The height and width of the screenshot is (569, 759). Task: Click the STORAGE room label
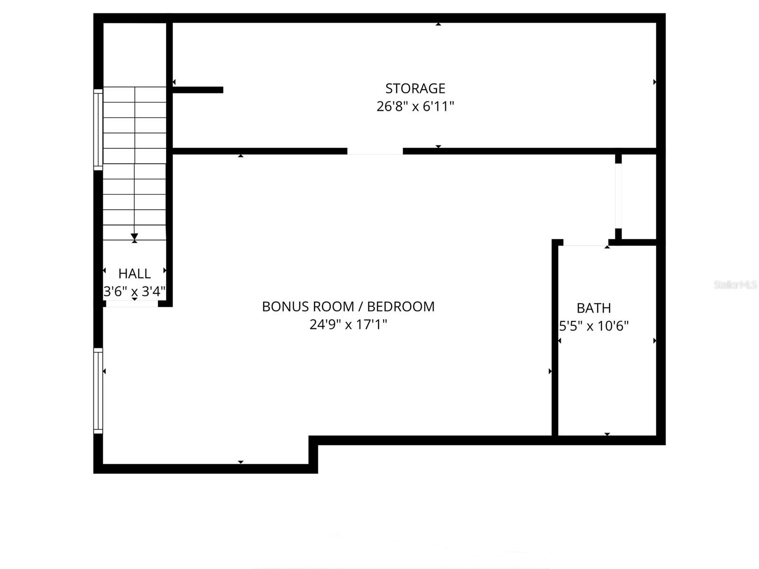pyautogui.click(x=415, y=89)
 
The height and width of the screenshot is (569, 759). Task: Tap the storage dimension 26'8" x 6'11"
pyautogui.click(x=415, y=106)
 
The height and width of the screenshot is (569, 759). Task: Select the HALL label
pyautogui.click(x=134, y=274)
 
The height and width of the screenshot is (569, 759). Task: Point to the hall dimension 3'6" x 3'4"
pyautogui.click(x=134, y=291)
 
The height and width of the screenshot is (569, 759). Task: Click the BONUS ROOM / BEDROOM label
pyautogui.click(x=348, y=307)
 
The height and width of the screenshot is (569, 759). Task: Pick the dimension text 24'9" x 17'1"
pyautogui.click(x=348, y=325)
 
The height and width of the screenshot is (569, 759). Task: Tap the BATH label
pyautogui.click(x=593, y=308)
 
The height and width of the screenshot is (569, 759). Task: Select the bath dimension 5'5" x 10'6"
pyautogui.click(x=593, y=326)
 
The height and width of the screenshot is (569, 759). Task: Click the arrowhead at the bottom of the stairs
pyautogui.click(x=134, y=237)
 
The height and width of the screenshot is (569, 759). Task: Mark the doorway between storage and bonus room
pyautogui.click(x=375, y=151)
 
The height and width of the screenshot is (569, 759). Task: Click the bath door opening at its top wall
pyautogui.click(x=585, y=243)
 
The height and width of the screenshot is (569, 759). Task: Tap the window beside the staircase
pyautogui.click(x=98, y=129)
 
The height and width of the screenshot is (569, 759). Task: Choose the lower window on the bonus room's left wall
pyautogui.click(x=98, y=391)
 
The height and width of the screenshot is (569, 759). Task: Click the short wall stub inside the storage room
pyautogui.click(x=198, y=90)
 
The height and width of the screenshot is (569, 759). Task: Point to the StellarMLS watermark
pyautogui.click(x=735, y=284)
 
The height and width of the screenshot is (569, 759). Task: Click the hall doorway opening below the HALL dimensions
pyautogui.click(x=131, y=303)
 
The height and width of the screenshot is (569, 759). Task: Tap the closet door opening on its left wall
pyautogui.click(x=618, y=196)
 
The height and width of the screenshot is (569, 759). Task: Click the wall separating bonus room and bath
pyautogui.click(x=555, y=339)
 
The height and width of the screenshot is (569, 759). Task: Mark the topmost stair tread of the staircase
pyautogui.click(x=134, y=94)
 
